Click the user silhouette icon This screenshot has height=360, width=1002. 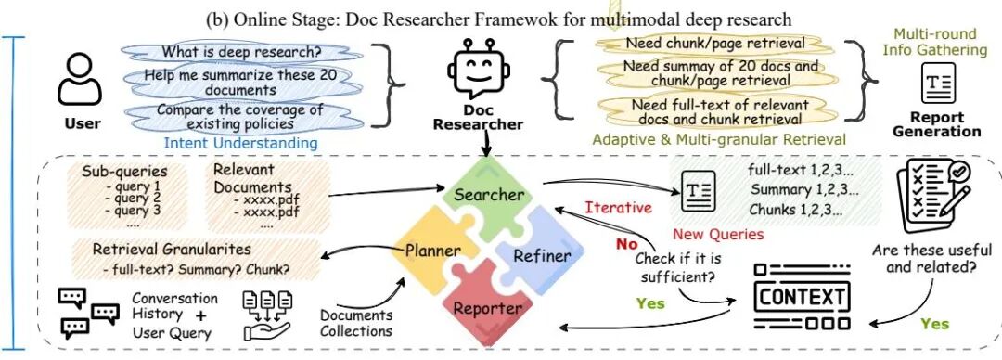click(80, 82)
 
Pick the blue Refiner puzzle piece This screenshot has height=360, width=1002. click(535, 255)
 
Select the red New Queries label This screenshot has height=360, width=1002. click(718, 234)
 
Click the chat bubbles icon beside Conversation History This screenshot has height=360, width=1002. click(85, 313)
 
